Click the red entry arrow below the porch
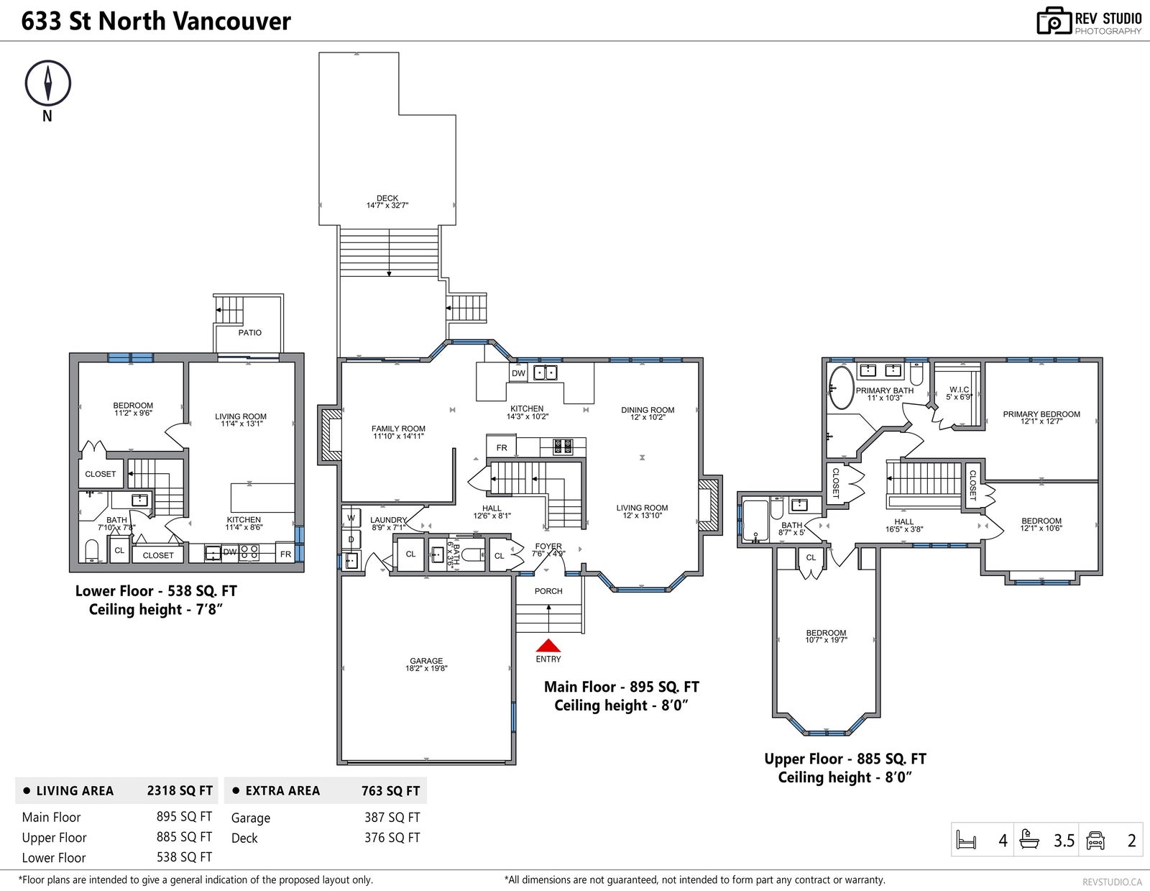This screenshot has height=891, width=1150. click(x=548, y=645)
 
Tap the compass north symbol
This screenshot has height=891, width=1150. click(x=47, y=83)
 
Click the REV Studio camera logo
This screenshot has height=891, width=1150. click(x=1053, y=21)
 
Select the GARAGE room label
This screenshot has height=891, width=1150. click(x=426, y=661)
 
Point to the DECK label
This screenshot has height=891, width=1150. click(x=387, y=198)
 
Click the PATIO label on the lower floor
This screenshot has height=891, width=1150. click(x=250, y=332)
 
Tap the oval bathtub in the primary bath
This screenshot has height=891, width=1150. click(x=841, y=388)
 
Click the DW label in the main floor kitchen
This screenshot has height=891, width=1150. click(x=519, y=373)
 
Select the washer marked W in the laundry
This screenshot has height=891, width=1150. click(x=351, y=518)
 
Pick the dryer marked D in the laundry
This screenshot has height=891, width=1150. click(x=351, y=540)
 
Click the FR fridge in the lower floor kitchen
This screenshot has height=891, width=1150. click(x=285, y=554)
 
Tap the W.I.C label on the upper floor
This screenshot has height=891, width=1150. click(x=959, y=390)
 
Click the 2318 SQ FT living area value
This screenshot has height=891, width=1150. click(x=180, y=790)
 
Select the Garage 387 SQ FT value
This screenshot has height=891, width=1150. click(x=392, y=818)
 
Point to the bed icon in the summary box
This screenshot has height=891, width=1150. click(x=967, y=840)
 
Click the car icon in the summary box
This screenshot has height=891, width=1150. click(x=1095, y=840)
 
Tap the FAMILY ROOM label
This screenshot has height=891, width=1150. click(x=398, y=429)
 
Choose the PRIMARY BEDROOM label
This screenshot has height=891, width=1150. click(x=1041, y=414)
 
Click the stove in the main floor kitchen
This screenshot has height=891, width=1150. click(x=563, y=447)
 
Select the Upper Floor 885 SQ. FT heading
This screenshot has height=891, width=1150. click(x=845, y=759)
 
